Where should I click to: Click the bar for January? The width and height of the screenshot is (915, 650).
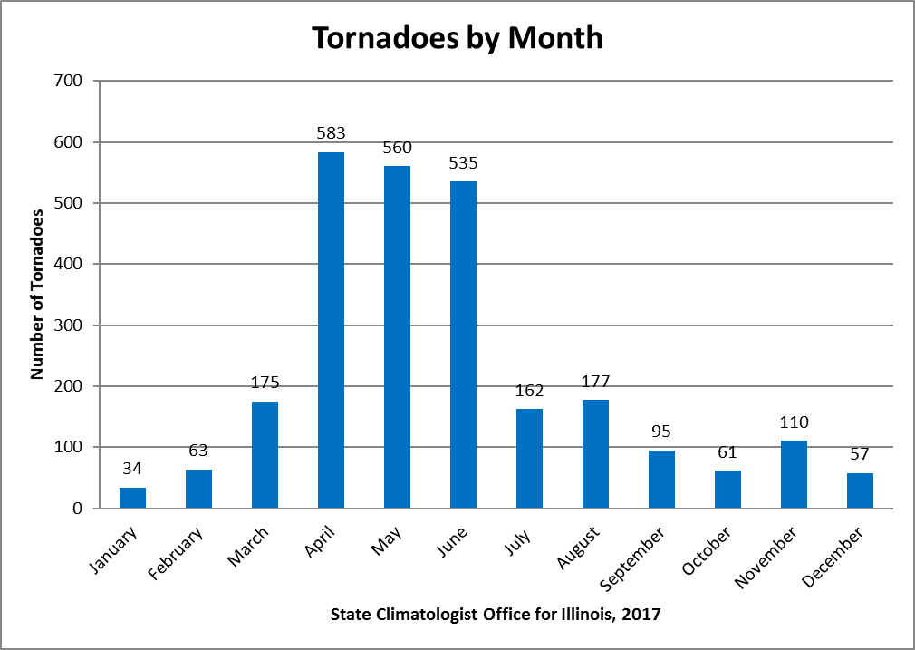(x=132, y=498)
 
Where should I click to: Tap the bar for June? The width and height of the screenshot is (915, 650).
(x=463, y=344)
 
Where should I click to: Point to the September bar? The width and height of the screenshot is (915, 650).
(x=661, y=479)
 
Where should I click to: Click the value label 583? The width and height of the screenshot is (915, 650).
(x=331, y=133)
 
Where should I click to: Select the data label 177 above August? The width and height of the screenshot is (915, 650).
(x=595, y=380)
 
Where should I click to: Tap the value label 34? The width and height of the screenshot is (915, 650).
(x=132, y=468)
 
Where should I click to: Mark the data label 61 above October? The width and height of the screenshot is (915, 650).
(x=727, y=451)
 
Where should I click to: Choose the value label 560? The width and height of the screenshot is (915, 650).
(x=397, y=148)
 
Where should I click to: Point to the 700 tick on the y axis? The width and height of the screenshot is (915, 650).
(x=69, y=81)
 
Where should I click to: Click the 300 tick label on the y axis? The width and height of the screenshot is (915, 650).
(x=69, y=325)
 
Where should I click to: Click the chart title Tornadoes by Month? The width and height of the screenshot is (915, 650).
(x=457, y=38)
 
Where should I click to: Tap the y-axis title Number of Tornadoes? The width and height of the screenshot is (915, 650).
(x=37, y=295)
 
